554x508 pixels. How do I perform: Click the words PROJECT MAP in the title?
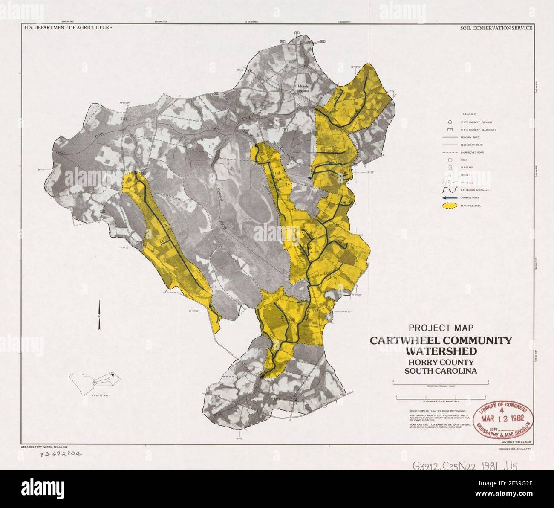click(x=441, y=328)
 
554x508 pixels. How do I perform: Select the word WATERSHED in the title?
click(x=441, y=351)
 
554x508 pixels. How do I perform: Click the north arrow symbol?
click(x=99, y=315)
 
